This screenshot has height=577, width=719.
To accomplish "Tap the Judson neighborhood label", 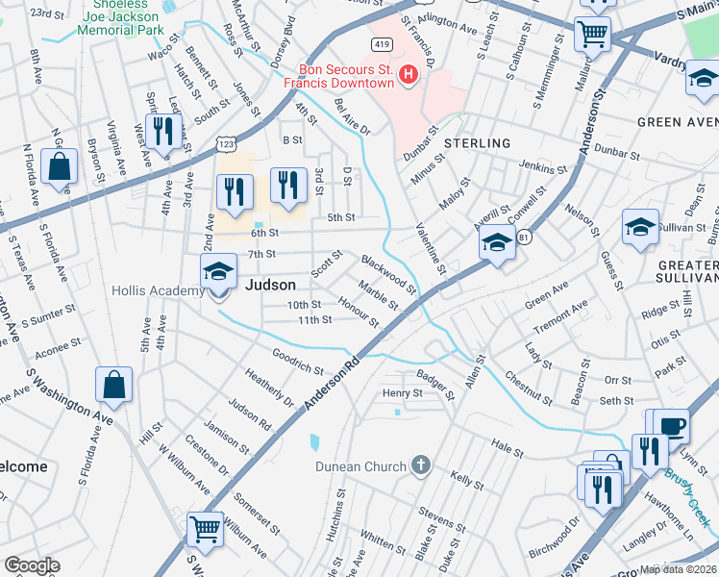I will pos(271,285).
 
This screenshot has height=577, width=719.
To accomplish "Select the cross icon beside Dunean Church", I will pos(419,466).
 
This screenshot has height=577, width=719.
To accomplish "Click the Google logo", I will pos(32,565).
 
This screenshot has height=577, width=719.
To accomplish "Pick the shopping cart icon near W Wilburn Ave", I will pos(204,528).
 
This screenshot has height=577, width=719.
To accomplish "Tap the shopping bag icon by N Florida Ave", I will pos(60,166).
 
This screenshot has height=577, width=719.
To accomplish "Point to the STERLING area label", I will pos(477,143).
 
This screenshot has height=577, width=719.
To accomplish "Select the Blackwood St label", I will pos(388,274).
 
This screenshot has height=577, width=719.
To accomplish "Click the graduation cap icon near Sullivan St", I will pos(640,229).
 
